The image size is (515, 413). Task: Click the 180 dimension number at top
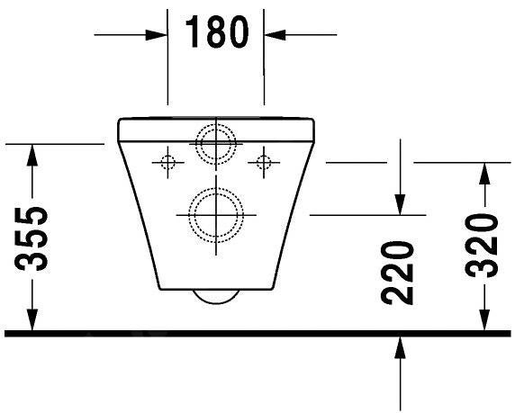(x=216, y=32)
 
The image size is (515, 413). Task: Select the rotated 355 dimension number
(x=33, y=238)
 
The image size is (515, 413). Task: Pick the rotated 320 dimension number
(x=483, y=247)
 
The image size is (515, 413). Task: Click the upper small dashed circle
(x=216, y=142)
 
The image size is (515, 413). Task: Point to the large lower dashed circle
(x=216, y=214)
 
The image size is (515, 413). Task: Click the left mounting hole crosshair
(x=167, y=162)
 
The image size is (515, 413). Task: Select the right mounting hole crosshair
(x=263, y=162)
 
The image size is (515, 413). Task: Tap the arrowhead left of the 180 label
(x=157, y=34)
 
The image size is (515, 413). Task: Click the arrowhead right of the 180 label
(x=275, y=34)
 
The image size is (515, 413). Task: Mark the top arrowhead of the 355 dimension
(x=33, y=155)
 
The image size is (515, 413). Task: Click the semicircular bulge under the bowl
(x=216, y=297)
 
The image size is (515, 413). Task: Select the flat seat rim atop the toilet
(x=216, y=121)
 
